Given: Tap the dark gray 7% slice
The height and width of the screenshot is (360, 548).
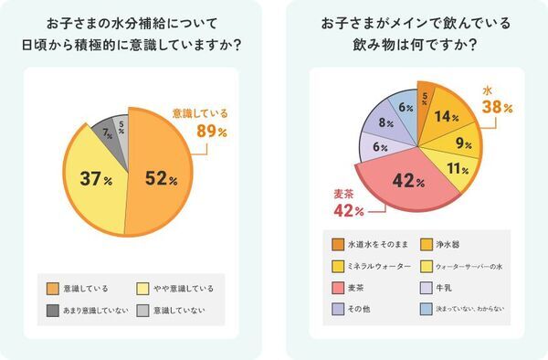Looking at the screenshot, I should click(x=108, y=135).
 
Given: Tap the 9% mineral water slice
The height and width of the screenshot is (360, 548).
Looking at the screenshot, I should click(x=463, y=143).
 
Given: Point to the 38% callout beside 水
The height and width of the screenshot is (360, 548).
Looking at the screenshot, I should click(x=493, y=107).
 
